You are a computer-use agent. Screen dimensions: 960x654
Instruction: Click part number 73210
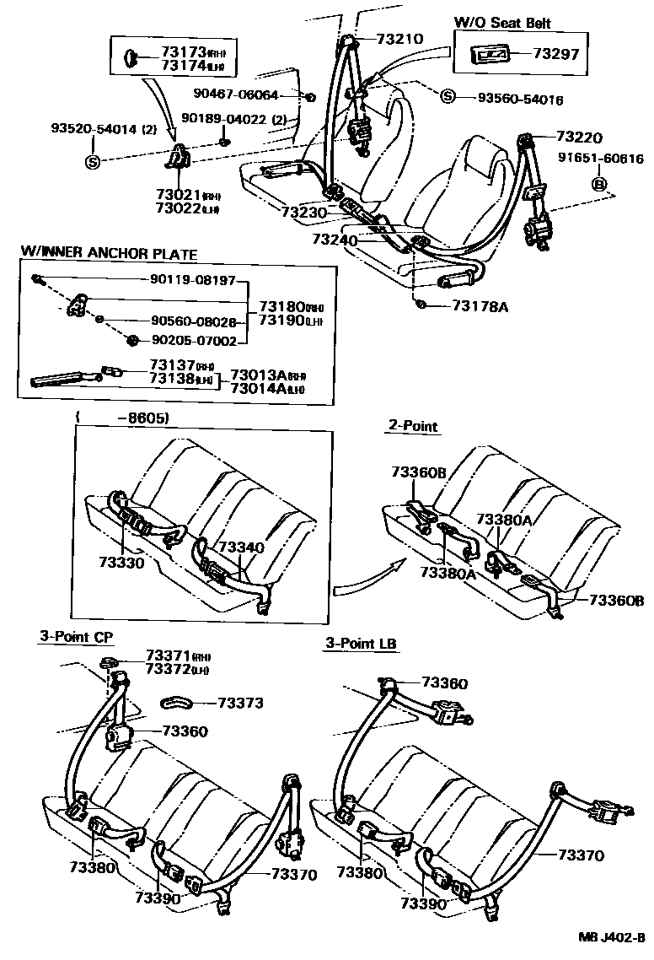pos(399,38)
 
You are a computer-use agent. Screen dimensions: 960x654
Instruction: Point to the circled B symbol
pos(599,185)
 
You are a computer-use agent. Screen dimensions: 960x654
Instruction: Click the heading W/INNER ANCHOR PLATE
pos(108,252)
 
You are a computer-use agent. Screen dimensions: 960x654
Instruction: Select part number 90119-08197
pos(190,280)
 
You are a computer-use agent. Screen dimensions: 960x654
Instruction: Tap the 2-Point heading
pos(413,426)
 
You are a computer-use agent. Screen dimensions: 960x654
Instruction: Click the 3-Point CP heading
pos(76,637)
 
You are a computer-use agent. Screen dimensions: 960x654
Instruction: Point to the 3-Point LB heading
pos(361,644)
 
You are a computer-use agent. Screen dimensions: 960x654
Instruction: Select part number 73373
pos(240,702)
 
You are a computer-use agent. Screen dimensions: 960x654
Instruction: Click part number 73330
pos(122,562)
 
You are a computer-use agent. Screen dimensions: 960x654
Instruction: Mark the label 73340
pos(242,547)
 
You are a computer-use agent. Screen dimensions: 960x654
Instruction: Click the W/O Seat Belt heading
pos(502,23)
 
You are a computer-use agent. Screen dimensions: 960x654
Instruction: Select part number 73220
pos(581,136)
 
